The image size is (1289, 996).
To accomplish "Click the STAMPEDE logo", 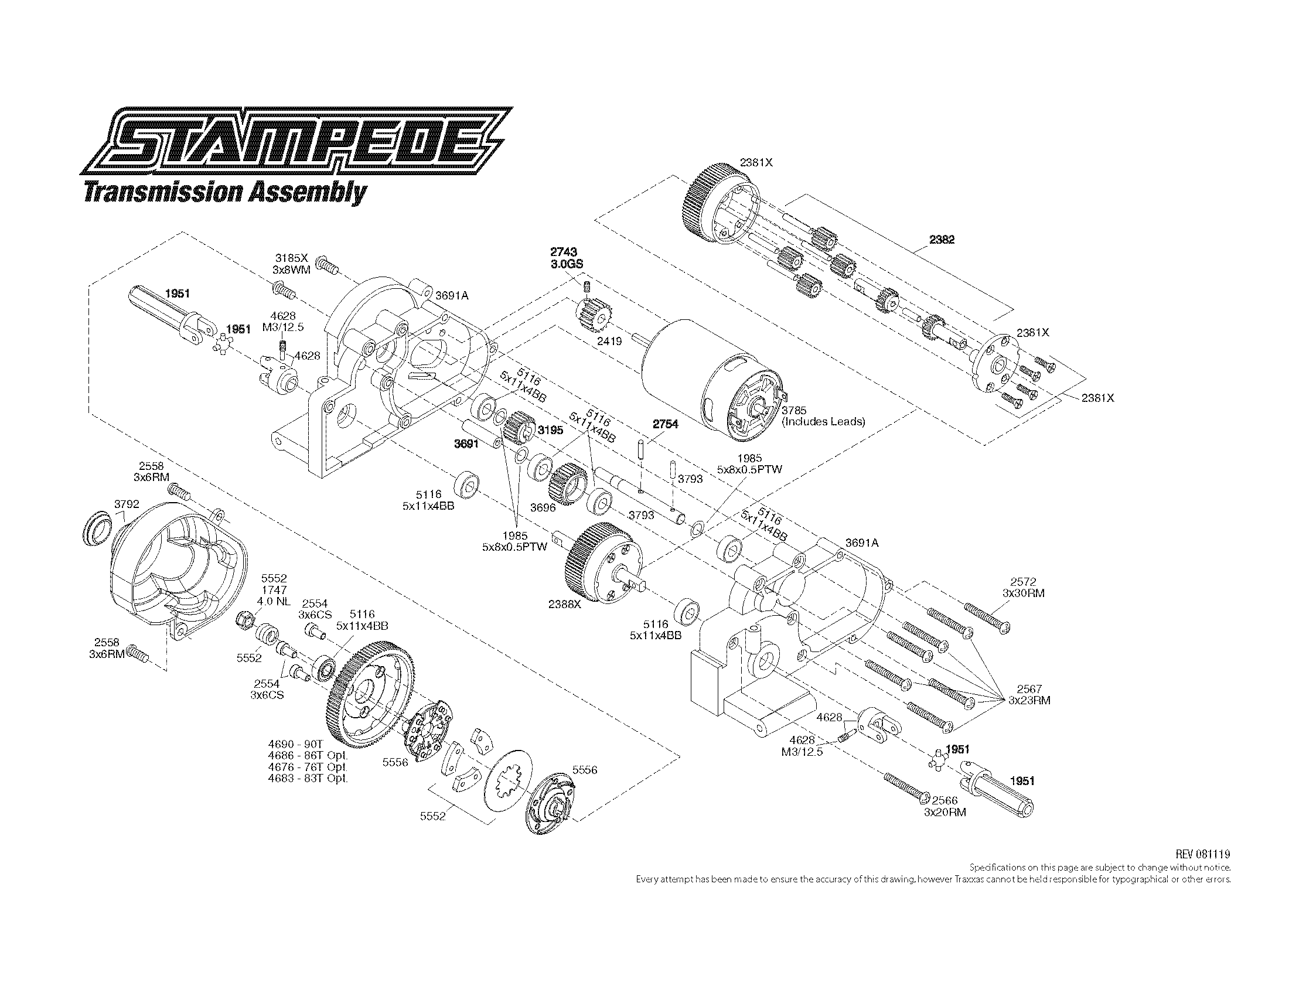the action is (x=296, y=141).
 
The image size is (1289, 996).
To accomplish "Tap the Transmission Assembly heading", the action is (x=225, y=193).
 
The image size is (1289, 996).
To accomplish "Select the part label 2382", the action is (x=942, y=240).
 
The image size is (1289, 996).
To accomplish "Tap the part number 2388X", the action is (x=565, y=604).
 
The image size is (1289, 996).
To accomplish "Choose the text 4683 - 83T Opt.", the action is (x=308, y=778).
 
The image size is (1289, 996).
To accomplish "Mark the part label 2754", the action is (x=665, y=424).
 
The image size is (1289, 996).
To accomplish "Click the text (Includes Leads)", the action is (x=823, y=421).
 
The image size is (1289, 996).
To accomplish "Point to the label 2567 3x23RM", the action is (x=1029, y=694).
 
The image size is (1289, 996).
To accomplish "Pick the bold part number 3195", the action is (x=550, y=430).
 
